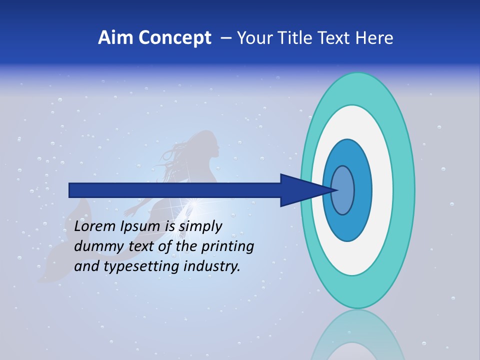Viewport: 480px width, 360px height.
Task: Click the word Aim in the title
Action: click(x=115, y=38)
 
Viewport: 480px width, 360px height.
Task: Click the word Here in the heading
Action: click(x=374, y=38)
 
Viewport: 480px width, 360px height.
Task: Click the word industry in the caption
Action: click(x=212, y=266)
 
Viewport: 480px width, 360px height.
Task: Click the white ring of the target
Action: click(x=382, y=190)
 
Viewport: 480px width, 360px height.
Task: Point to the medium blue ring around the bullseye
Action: click(x=362, y=190)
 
